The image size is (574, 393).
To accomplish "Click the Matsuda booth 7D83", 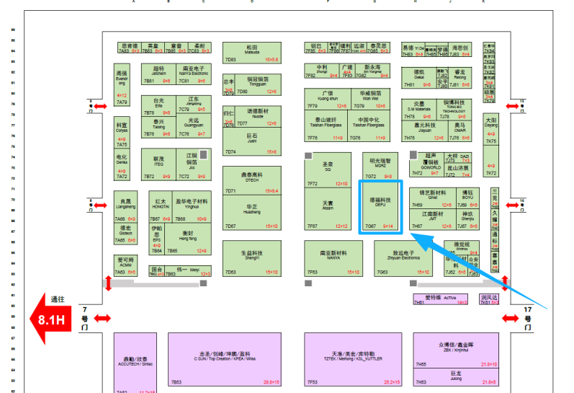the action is [x=251, y=52].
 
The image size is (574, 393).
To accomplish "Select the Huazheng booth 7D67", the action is [x=251, y=212].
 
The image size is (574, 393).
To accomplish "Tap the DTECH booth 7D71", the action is [x=251, y=180].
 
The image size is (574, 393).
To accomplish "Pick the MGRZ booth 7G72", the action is [x=379, y=167].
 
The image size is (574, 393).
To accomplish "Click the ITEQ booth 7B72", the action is [x=158, y=165].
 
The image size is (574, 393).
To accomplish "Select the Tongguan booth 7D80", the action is [x=258, y=85].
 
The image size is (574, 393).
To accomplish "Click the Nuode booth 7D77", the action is [x=258, y=117].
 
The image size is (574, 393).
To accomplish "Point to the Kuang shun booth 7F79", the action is [x=327, y=99].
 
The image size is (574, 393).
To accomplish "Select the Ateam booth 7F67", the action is [x=328, y=211].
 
